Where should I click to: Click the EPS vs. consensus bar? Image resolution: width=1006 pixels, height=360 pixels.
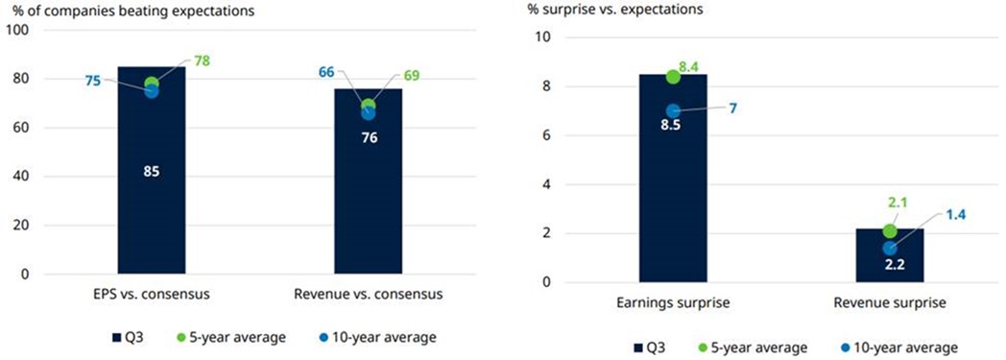pos(152,170)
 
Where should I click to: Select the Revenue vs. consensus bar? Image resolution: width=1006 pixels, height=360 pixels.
pos(369,181)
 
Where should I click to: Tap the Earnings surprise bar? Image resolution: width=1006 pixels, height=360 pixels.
pos(673,178)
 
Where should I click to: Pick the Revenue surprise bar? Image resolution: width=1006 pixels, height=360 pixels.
pos(890,254)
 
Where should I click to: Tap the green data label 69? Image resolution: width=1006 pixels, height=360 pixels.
pos(411,78)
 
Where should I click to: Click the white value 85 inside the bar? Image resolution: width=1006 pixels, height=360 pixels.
pos(152,171)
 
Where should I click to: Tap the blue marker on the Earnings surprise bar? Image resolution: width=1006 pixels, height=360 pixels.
pos(673,111)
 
